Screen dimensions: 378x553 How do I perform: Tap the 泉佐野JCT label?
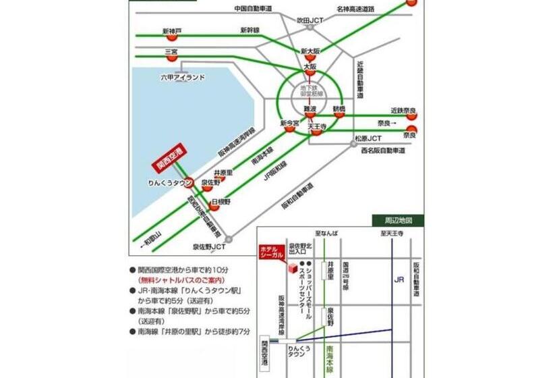pyautogui.click(x=208, y=248)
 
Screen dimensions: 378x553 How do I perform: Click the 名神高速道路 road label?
pyautogui.click(x=355, y=9)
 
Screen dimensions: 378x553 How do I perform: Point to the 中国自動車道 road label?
pyautogui.click(x=253, y=9)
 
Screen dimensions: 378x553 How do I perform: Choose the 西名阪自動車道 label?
pyautogui.click(x=383, y=151)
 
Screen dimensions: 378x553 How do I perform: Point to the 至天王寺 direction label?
pyautogui.click(x=392, y=234)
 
